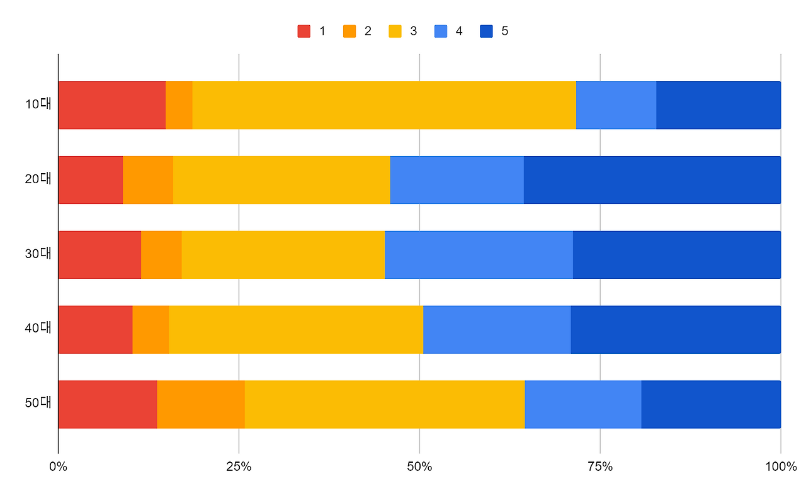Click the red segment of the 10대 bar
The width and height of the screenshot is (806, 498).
(x=111, y=105)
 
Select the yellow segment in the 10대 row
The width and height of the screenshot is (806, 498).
(x=383, y=105)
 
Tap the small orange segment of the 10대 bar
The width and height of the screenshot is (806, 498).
(x=179, y=105)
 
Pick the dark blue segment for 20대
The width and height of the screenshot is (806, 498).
(x=652, y=180)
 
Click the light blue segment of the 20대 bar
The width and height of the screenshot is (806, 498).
(x=457, y=180)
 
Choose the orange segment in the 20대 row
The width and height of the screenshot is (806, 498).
(x=148, y=180)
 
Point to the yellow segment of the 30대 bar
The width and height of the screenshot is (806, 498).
(x=283, y=255)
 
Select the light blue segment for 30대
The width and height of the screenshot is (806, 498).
(x=479, y=255)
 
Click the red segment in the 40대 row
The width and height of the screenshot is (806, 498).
(x=95, y=329)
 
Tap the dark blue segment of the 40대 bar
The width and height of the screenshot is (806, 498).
(x=676, y=329)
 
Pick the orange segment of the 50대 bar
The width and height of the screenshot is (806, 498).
(x=201, y=404)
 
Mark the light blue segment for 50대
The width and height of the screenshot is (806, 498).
(x=582, y=404)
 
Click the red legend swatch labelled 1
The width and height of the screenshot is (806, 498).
(x=304, y=31)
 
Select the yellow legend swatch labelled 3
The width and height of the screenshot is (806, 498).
(x=395, y=31)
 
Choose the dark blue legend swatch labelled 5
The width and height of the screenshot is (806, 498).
(x=487, y=31)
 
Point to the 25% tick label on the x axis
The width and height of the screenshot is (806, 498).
(x=239, y=467)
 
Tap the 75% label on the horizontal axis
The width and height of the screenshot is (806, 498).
(x=600, y=467)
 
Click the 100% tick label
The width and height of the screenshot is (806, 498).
(x=781, y=467)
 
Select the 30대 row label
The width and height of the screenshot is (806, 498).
(x=38, y=254)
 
